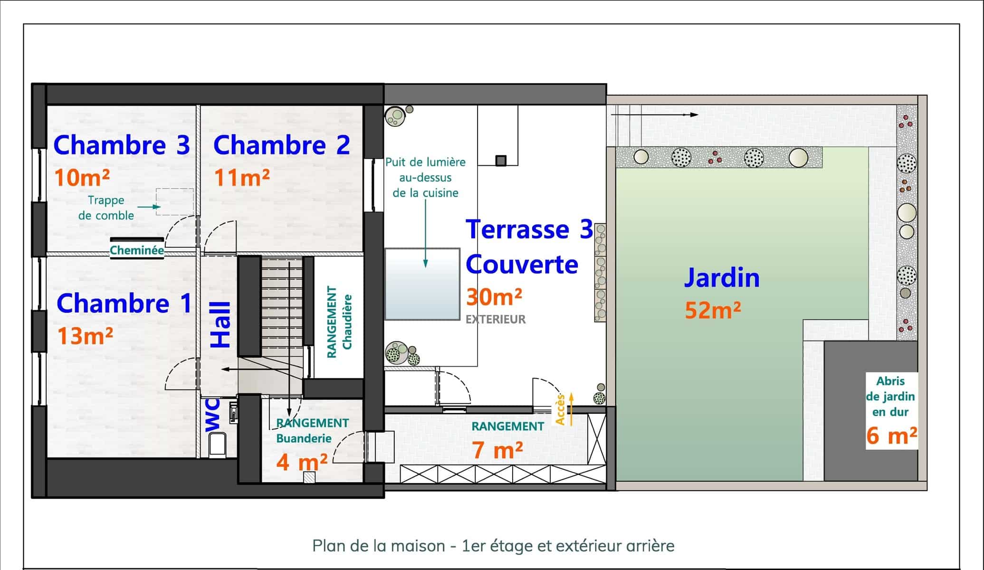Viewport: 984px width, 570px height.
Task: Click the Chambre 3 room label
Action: tap(122, 145)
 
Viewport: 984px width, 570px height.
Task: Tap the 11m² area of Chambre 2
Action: tap(242, 178)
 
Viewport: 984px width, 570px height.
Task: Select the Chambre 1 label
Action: tap(124, 303)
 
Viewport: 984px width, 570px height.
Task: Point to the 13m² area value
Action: tap(85, 336)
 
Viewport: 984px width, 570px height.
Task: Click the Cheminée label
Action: tap(137, 250)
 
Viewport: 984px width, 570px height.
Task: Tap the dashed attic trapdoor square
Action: tap(175, 202)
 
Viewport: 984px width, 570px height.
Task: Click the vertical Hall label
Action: tap(220, 325)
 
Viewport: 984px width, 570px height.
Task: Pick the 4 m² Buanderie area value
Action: tap(302, 461)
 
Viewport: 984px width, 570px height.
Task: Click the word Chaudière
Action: tap(347, 322)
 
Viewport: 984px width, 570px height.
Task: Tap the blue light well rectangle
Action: tap(422, 284)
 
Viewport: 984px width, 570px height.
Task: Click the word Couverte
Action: tap(522, 264)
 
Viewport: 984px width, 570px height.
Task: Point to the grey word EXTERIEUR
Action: tap(496, 319)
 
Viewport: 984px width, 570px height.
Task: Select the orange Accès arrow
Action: tap(571, 409)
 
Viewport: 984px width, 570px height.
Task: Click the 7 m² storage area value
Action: tap(498, 449)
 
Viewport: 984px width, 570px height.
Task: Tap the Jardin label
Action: tap(722, 278)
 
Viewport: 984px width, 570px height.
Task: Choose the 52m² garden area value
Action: tap(713, 310)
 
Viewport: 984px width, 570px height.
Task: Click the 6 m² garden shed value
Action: tap(891, 436)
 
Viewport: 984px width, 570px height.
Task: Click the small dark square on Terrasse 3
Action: tap(501, 161)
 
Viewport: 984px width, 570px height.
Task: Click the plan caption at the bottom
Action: tap(493, 546)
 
